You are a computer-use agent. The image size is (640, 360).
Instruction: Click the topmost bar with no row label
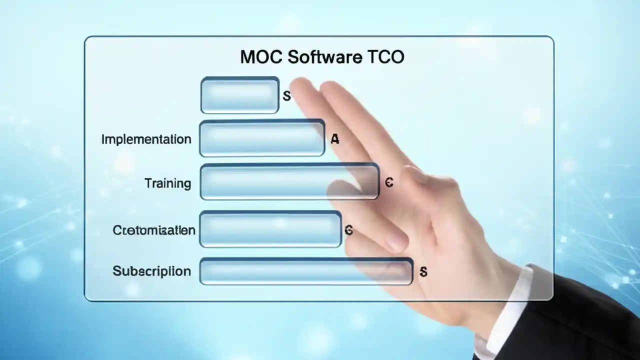point(239,95)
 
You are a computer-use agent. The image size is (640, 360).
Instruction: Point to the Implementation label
point(146,139)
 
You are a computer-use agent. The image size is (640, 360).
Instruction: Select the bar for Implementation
point(262,138)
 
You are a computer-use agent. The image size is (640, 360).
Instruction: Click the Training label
point(168,183)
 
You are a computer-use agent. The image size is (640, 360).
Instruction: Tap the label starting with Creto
point(154,230)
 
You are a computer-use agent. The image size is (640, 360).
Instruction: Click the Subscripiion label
point(151,271)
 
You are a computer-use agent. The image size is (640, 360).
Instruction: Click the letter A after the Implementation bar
point(334,139)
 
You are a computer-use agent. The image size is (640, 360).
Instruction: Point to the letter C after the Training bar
point(389,183)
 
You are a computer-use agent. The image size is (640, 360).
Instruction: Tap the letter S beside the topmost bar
point(286,96)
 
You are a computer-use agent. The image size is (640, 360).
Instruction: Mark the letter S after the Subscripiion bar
point(423,272)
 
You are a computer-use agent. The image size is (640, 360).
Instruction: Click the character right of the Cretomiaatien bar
point(349,230)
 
